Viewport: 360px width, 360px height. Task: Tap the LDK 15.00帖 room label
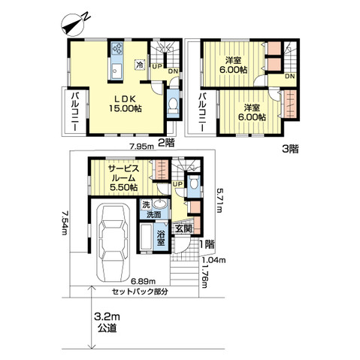point(126,104)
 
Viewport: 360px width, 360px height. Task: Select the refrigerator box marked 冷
point(140,65)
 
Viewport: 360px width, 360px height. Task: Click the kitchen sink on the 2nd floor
point(116,71)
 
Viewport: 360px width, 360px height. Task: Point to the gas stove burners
point(117,48)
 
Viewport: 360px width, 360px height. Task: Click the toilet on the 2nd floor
point(173,106)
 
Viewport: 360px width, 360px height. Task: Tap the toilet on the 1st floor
point(193,182)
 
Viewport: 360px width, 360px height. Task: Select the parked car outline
point(114,243)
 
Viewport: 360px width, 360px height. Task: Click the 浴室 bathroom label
point(161,238)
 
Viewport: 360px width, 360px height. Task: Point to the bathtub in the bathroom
point(146,237)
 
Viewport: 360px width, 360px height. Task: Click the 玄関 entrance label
point(183,228)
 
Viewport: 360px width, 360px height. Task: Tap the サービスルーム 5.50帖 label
point(124,178)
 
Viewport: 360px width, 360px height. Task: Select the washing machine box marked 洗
point(146,204)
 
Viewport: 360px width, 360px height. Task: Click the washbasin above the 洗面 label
point(160,204)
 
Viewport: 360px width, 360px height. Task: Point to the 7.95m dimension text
point(141,147)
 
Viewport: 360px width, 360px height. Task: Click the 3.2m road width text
point(107,317)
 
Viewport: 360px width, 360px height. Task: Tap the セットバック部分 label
point(140,292)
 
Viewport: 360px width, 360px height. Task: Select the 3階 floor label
point(290,150)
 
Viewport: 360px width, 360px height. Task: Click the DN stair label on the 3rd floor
point(290,77)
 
